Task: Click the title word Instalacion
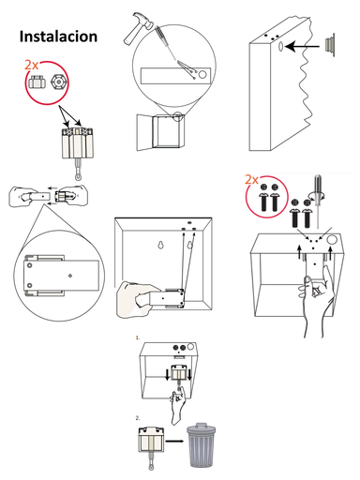[x=58, y=36]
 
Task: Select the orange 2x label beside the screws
[x=250, y=178]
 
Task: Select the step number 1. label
[x=138, y=337]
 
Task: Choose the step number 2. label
[x=138, y=416]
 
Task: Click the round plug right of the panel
[x=329, y=44]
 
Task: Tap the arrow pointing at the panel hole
[x=303, y=44]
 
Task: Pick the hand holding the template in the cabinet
[x=136, y=301]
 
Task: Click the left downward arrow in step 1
[x=169, y=375]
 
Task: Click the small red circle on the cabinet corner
[x=178, y=117]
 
